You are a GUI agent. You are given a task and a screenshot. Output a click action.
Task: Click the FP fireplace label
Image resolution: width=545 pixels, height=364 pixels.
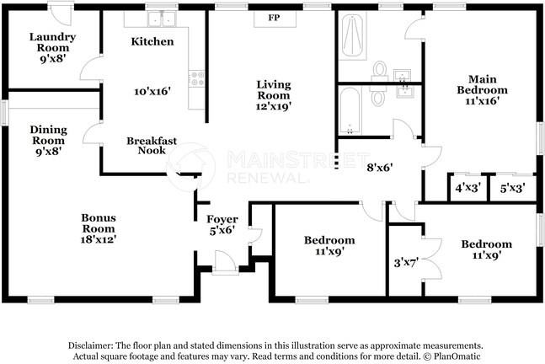274,18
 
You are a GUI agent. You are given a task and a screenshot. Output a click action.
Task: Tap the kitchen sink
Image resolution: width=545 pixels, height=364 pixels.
162,19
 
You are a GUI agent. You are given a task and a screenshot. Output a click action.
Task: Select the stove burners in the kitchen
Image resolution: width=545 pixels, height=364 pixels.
197,78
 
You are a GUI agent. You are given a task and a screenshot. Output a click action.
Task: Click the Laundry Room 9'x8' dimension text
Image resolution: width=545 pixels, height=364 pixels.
53,58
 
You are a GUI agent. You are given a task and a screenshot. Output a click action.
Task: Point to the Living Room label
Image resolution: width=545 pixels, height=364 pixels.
274,89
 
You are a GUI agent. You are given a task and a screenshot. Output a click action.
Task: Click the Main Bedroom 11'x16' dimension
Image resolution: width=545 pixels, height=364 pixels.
483,101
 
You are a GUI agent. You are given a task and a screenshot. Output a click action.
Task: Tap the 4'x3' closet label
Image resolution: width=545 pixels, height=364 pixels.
468,188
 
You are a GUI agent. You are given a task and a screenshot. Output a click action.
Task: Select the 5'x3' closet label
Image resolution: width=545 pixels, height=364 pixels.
512,189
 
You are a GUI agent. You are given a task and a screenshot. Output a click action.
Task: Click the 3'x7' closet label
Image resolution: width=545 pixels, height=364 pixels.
406,263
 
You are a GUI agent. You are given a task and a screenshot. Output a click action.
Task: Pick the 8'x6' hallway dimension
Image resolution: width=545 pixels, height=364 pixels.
380,168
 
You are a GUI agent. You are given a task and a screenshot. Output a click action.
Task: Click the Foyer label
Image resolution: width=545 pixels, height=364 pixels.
222,219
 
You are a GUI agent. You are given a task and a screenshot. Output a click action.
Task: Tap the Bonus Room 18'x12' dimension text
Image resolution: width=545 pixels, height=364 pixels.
99,239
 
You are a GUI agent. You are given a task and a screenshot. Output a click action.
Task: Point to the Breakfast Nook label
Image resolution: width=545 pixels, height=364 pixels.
152,146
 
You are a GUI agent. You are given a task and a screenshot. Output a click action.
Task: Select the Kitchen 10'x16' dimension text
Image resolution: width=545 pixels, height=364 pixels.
152,92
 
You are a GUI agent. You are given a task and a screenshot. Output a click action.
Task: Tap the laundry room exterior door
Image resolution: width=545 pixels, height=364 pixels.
61,14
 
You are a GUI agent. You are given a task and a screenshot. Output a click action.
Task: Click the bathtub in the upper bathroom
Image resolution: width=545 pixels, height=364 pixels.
352,36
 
